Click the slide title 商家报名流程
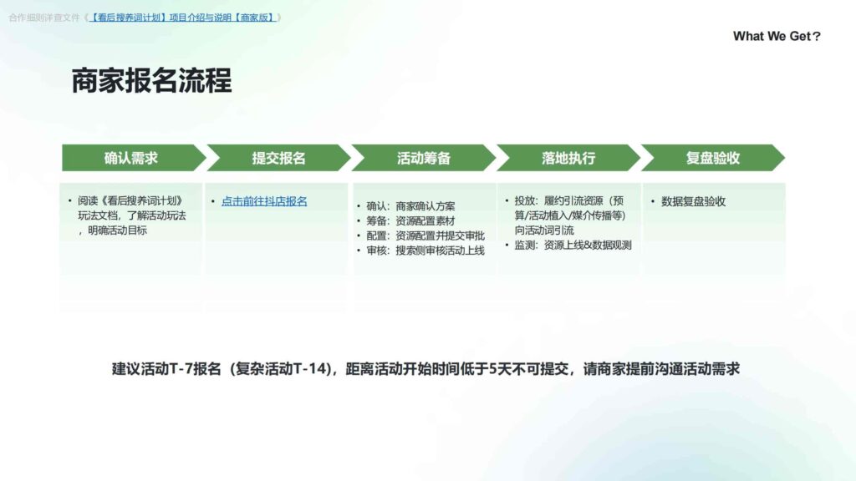tap(151, 82)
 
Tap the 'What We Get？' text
tap(776, 36)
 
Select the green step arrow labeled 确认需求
tap(131, 158)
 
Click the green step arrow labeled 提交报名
tap(278, 158)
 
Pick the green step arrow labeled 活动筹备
tap(423, 158)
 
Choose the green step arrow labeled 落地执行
tap(568, 158)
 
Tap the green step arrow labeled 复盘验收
tap(712, 158)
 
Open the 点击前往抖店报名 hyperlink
tap(264, 201)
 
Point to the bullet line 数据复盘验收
tap(693, 201)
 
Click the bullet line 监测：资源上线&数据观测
tap(573, 246)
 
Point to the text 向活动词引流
tap(544, 230)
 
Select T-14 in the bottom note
tap(306, 368)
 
